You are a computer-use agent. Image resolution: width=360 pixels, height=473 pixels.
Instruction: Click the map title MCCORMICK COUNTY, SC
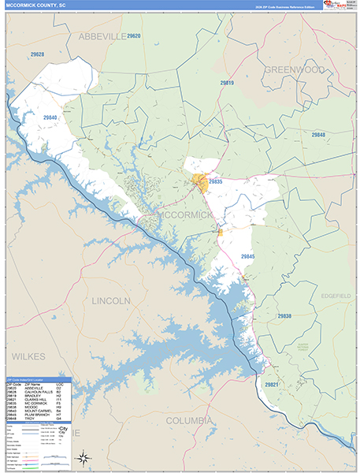pos(37,6)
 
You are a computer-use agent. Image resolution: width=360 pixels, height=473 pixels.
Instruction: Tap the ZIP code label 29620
pos(133,36)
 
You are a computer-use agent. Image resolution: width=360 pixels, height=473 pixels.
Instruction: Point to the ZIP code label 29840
pos(50,117)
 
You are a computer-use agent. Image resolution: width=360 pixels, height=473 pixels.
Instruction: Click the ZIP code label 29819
pos(227,83)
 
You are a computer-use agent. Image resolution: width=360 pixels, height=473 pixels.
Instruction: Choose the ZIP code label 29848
pos(317,136)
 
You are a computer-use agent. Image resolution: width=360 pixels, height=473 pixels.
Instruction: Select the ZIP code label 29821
pos(272,384)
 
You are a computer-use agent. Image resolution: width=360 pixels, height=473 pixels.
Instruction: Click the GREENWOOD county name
pos(295,69)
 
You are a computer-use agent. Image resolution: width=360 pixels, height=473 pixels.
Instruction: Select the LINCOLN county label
pos(111,301)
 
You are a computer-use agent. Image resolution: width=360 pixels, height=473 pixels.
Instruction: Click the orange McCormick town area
pos(200,183)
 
